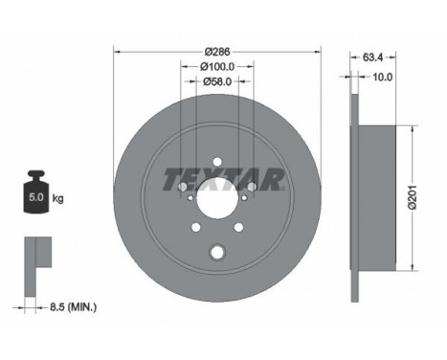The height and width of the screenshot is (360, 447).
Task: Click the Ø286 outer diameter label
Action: pyautogui.click(x=217, y=51)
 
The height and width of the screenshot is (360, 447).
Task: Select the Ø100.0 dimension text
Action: pyautogui.click(x=217, y=67)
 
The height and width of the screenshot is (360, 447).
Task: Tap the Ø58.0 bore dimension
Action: pyautogui.click(x=217, y=81)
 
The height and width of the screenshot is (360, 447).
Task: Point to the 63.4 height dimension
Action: pyautogui.click(x=372, y=57)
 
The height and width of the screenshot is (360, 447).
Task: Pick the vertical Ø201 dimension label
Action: pyautogui.click(x=413, y=197)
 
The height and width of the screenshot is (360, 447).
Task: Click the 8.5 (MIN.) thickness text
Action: pyautogui.click(x=73, y=307)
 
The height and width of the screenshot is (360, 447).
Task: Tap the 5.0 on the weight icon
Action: pyautogui.click(x=36, y=197)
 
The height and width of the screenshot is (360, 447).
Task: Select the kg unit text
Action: pyautogui.click(x=57, y=198)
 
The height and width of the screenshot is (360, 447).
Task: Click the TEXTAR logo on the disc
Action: pyautogui.click(x=223, y=179)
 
